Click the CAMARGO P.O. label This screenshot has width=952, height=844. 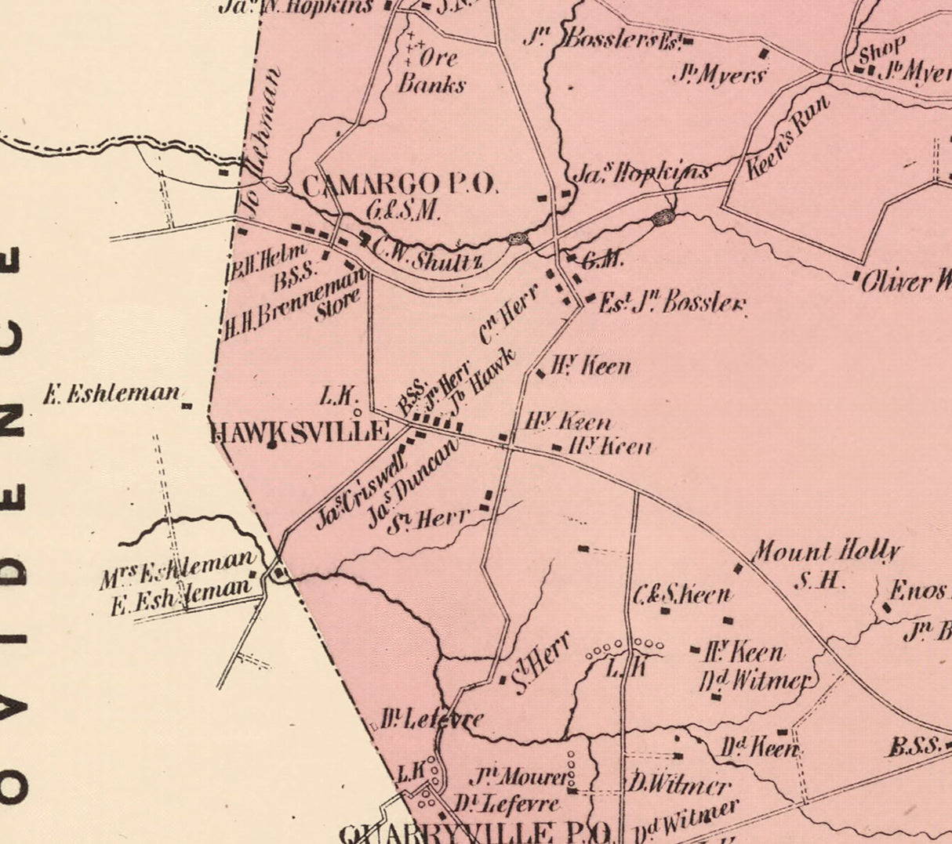click(x=399, y=185)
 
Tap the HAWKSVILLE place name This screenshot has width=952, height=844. click(x=300, y=431)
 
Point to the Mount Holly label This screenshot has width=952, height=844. click(x=826, y=552)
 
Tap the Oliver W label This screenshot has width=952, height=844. click(x=906, y=281)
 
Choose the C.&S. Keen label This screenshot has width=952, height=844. click(x=682, y=595)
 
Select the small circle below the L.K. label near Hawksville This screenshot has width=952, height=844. click(x=358, y=411)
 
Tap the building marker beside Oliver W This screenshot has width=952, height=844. click(x=856, y=276)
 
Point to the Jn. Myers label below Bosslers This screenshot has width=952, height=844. click(x=718, y=76)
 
